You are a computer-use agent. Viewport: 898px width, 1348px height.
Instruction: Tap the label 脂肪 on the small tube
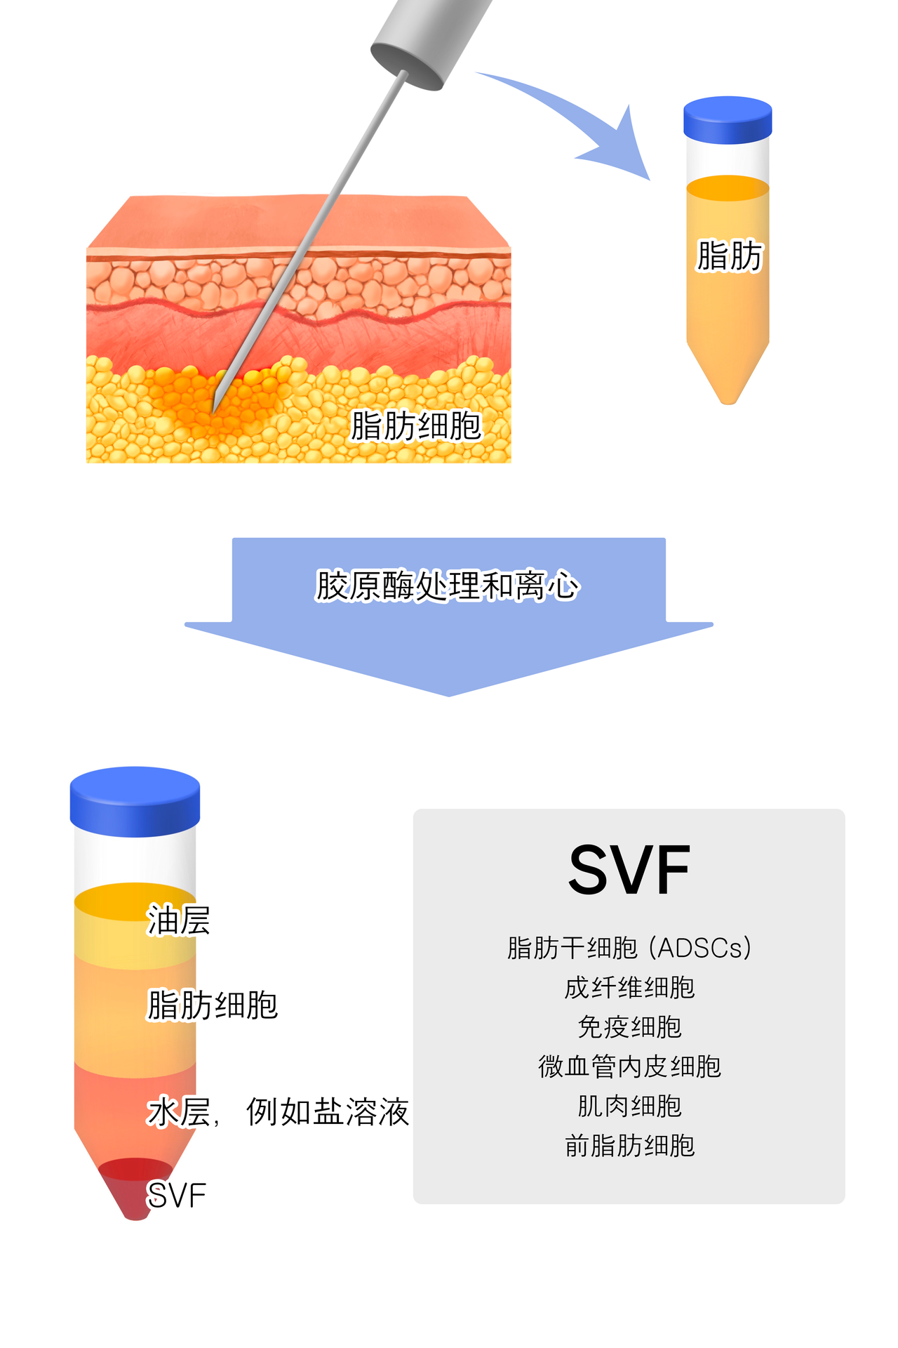(729, 256)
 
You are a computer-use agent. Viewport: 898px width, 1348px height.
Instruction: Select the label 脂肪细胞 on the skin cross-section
(416, 426)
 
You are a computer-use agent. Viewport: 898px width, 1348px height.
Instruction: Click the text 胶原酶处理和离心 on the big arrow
(448, 586)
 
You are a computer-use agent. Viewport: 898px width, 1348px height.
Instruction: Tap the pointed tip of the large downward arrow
(449, 692)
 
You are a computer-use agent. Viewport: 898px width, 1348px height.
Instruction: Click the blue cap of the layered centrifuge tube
(135, 800)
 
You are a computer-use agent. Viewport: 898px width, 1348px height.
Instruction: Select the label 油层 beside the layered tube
(178, 920)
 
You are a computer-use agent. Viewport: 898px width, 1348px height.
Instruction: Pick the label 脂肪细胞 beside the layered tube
(213, 1005)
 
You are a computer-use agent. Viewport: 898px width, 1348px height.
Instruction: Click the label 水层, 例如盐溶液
(278, 1112)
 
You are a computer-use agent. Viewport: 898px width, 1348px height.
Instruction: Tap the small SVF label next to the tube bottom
(176, 1196)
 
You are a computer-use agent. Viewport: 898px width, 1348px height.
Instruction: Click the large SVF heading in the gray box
(629, 871)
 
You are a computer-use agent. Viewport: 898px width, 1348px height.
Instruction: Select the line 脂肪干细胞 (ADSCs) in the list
(629, 948)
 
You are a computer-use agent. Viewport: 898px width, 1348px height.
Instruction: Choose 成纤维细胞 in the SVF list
(629, 988)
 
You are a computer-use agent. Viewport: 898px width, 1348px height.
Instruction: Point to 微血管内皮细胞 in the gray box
(629, 1066)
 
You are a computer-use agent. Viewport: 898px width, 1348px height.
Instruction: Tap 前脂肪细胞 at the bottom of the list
(629, 1146)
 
